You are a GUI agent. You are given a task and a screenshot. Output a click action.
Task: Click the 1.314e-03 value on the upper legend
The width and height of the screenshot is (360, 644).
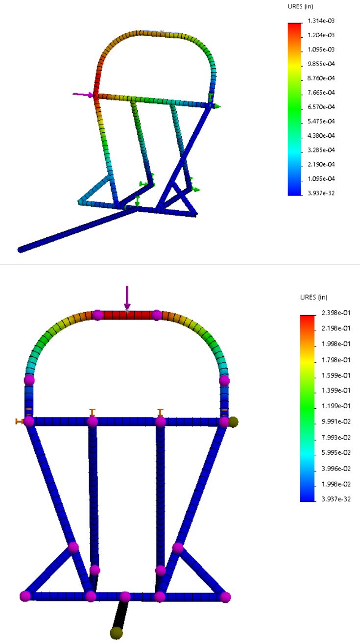point(322,21)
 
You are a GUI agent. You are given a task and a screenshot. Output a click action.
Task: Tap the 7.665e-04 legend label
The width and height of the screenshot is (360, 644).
point(322,92)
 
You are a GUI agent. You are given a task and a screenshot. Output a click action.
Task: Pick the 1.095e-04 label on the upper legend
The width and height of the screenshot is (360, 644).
point(322,178)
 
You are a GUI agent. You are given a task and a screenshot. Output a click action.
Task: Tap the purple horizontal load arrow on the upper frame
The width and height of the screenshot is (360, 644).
point(82,95)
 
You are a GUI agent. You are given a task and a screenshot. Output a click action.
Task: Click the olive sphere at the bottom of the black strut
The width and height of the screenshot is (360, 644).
point(116,633)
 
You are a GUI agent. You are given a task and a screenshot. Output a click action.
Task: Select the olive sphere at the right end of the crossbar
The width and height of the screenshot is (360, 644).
point(233,421)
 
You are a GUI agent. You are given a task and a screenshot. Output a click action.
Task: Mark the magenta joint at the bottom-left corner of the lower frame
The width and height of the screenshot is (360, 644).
point(25,596)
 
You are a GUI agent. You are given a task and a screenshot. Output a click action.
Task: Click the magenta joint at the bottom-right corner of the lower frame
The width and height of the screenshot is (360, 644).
point(225,596)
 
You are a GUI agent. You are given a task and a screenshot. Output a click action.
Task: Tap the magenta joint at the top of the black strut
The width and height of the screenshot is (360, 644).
point(125,596)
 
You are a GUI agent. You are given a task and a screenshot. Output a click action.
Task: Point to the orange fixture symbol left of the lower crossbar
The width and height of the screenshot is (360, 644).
point(20,421)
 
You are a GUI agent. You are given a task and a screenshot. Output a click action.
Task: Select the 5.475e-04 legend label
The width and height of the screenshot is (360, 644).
point(322,121)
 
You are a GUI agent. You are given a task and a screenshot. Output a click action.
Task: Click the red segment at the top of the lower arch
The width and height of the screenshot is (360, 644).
point(127,315)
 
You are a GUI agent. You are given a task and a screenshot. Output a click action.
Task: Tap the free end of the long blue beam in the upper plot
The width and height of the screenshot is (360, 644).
point(21,249)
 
